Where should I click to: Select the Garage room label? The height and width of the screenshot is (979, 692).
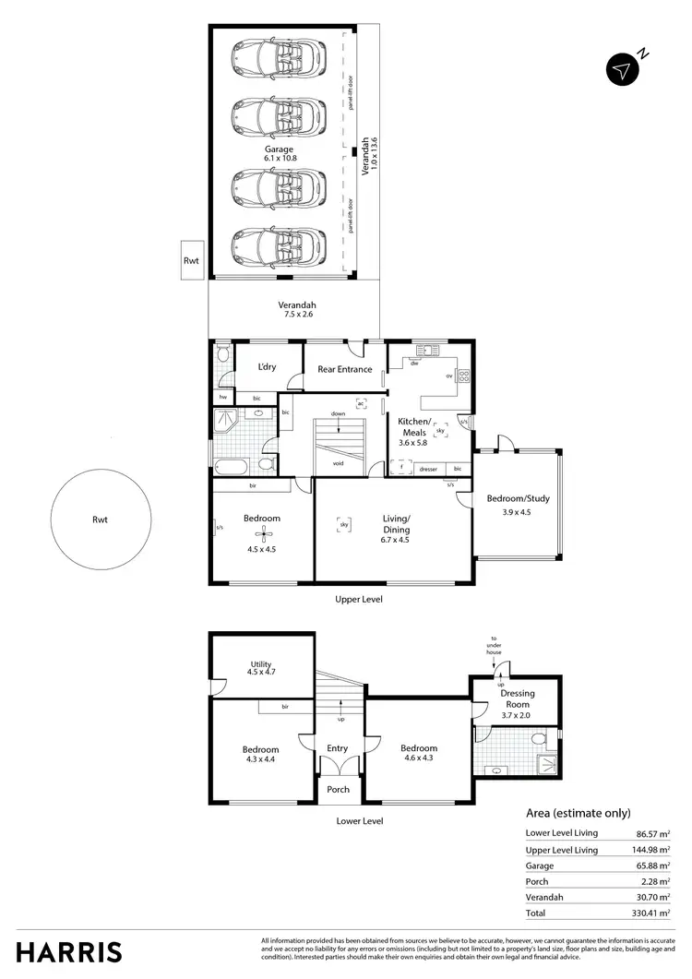coord(278,149)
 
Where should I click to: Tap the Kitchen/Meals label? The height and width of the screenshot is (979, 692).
coord(412,426)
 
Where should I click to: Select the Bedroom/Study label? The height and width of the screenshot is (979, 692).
coord(518,499)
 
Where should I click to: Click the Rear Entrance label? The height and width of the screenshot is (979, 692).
coord(344,369)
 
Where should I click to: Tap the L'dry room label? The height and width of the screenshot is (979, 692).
coord(268,367)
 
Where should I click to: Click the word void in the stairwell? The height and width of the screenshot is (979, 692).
coord(338,463)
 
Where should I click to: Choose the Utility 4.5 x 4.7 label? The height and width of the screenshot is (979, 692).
coord(261,668)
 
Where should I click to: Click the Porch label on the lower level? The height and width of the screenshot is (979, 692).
coord(339,789)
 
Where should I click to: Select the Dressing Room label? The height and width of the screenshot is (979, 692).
coord(518,698)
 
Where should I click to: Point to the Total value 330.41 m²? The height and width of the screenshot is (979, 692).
coord(651,913)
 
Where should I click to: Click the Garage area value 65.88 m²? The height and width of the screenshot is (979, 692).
coord(653,866)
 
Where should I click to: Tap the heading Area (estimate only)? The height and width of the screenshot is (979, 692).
coord(578,813)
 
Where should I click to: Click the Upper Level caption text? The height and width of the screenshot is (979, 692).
coord(358,599)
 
